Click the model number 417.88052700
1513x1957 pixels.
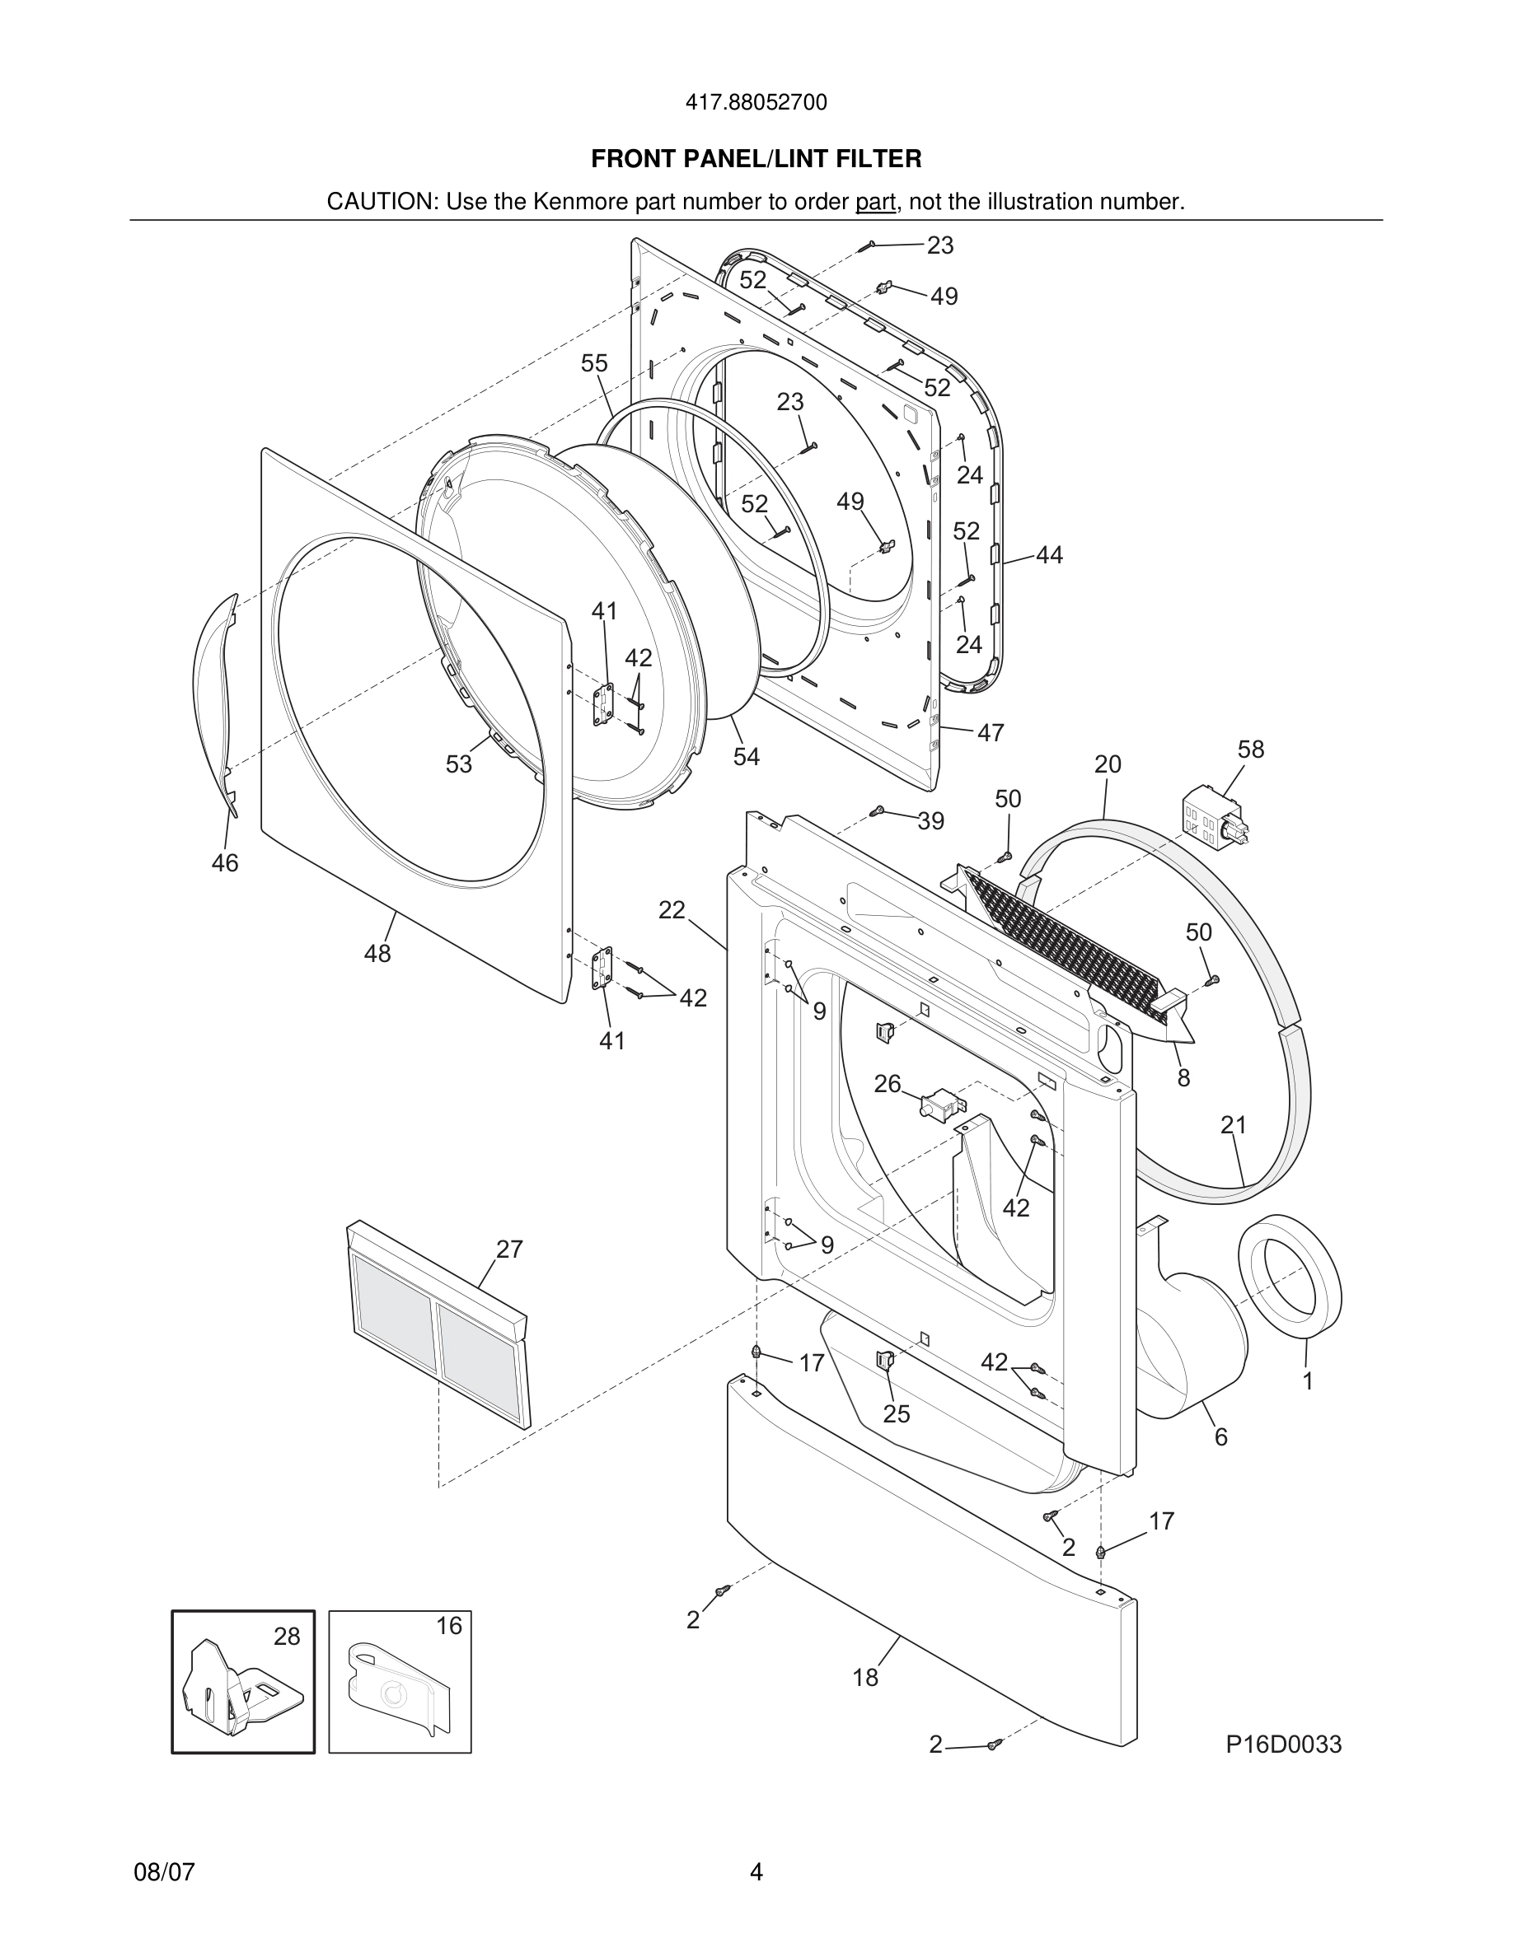(756, 103)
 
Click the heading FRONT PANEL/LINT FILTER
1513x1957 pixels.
(756, 160)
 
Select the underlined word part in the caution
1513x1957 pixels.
(875, 203)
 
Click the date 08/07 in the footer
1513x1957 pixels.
(164, 1872)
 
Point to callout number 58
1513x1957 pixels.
(1250, 749)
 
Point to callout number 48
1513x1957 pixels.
(377, 954)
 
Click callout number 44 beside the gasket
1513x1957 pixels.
(1049, 556)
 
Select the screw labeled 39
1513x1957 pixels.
(878, 811)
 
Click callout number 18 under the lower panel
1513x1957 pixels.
(865, 1678)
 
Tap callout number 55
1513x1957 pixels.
(594, 363)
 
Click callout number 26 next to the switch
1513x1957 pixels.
(888, 1084)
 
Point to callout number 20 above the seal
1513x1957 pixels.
(1108, 764)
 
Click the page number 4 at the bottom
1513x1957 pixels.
(756, 1872)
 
